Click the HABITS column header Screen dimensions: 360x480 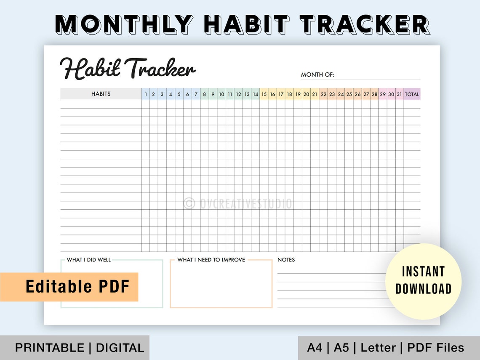point(101,94)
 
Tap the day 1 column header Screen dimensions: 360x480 point(146,94)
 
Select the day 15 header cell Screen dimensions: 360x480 point(264,94)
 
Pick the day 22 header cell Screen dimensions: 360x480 point(323,94)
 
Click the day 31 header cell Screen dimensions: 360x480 point(399,94)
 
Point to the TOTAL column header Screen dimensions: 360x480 point(412,94)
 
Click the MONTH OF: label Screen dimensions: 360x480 point(317,75)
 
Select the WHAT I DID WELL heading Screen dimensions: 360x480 point(89,260)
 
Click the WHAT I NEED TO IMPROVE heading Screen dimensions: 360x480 point(211,260)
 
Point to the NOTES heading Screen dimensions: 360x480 point(286,260)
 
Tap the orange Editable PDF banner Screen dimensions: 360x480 point(69,287)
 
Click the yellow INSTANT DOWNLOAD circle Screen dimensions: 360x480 point(423,281)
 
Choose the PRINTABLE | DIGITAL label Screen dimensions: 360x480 point(80,348)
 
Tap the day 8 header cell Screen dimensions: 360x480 point(204,94)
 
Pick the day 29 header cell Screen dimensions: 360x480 point(382,94)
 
